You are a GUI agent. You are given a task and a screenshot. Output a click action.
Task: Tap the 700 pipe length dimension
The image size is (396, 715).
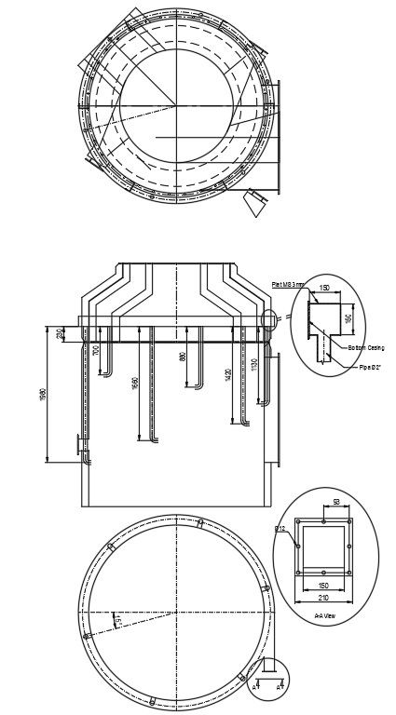pos(96,351)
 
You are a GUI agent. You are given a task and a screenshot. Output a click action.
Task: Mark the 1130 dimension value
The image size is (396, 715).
pos(253,364)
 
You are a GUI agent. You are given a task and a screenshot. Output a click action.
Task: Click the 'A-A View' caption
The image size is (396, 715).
pos(326,616)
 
